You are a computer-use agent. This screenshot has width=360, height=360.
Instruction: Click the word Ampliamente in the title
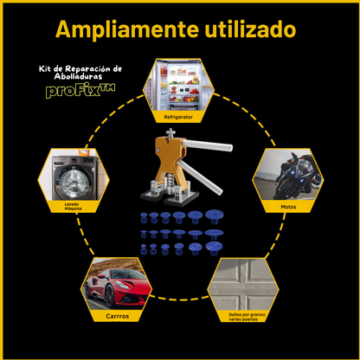point(127,29)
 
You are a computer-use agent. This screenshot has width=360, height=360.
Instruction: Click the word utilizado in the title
point(250,29)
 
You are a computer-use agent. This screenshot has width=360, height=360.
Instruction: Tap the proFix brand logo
point(80,91)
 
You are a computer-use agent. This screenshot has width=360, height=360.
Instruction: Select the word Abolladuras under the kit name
point(78,76)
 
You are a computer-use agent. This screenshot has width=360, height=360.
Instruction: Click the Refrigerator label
point(178,117)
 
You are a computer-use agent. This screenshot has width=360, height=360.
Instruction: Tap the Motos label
point(288,207)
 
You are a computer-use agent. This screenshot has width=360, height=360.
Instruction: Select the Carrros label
point(118,316)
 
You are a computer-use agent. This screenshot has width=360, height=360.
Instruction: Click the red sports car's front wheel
point(110,296)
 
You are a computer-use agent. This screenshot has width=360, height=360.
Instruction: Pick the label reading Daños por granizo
point(247,314)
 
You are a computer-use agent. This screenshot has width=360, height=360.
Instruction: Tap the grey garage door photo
point(243,284)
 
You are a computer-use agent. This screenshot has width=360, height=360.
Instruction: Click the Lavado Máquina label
point(73,206)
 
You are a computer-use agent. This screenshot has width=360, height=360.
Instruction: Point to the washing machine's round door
point(73,182)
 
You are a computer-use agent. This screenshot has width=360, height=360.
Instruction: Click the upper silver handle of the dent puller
point(208,145)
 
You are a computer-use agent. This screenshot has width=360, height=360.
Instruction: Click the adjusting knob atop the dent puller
point(170,133)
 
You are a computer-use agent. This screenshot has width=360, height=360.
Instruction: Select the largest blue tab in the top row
point(215,216)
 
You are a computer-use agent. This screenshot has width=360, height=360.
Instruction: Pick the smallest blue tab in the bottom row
point(144,249)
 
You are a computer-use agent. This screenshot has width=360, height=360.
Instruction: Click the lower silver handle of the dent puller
point(200,177)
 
